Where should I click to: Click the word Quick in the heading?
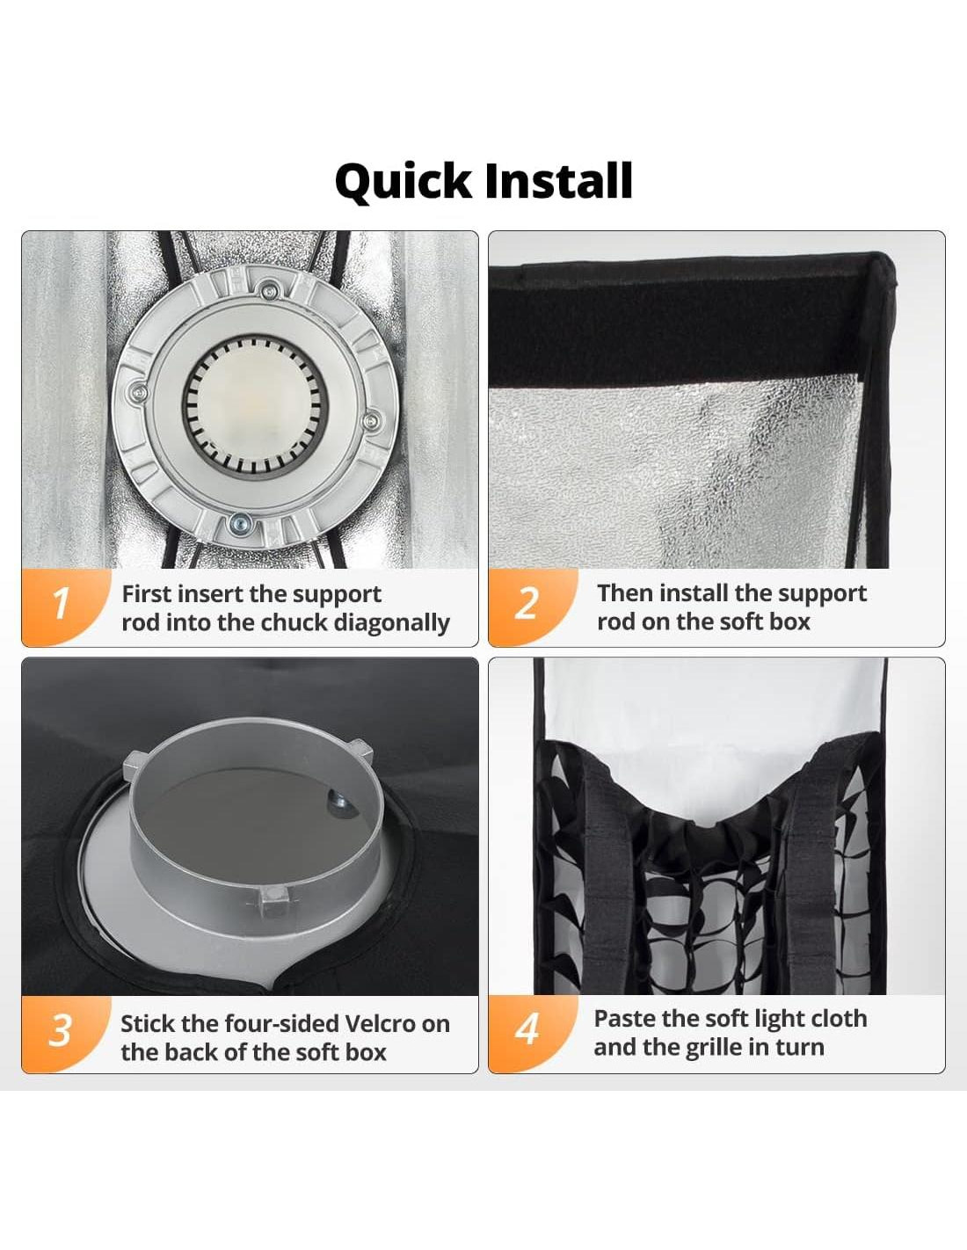click(x=403, y=182)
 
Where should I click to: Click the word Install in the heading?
click(x=558, y=180)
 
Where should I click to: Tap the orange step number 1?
click(x=61, y=603)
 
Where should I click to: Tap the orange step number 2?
click(x=527, y=603)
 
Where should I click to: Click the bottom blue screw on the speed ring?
click(x=238, y=523)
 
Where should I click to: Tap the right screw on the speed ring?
click(x=373, y=421)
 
